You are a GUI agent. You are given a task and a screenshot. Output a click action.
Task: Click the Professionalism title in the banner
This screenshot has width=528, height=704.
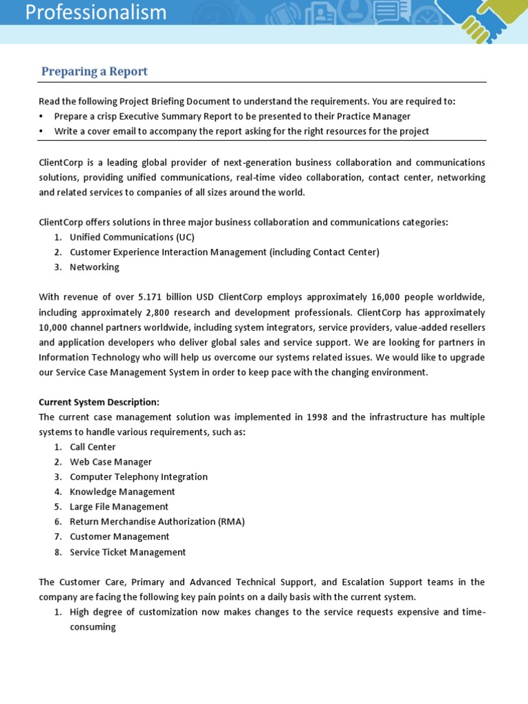pos(96,12)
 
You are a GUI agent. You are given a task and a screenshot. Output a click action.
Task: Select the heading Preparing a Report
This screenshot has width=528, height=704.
pos(94,71)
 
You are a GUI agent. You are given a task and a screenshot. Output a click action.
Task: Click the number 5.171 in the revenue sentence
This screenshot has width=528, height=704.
pos(151,297)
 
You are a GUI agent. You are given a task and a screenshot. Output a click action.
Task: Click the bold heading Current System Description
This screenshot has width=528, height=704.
pos(99,402)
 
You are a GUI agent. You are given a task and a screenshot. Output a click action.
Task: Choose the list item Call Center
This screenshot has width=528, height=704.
pos(93,447)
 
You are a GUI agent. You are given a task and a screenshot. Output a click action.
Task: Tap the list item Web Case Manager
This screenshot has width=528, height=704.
pos(111,462)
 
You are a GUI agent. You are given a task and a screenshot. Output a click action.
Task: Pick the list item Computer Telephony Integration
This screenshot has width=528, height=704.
pos(139,477)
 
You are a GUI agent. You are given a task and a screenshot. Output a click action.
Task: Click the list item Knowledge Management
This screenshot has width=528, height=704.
pos(122,492)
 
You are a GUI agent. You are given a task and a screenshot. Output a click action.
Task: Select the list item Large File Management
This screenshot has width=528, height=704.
pos(119,507)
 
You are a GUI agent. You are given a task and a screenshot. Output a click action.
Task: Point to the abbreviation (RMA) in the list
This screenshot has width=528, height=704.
pos(231,522)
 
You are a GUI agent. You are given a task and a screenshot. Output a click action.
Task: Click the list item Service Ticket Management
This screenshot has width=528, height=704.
pos(128,552)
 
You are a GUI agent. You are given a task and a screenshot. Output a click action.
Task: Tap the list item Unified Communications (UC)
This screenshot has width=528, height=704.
pos(132,237)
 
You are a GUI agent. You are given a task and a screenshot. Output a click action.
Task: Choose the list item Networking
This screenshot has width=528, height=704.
pos(94,267)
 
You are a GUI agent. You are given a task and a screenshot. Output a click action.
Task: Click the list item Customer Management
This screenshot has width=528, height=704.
pos(120,537)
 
